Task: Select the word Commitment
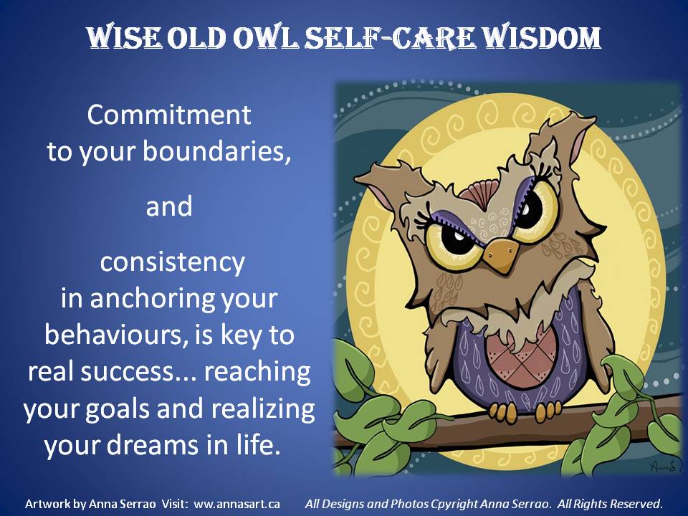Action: click(169, 115)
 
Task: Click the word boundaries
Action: click(216, 151)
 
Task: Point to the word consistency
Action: click(173, 263)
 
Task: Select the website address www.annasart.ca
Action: click(236, 504)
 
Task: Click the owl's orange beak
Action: click(501, 255)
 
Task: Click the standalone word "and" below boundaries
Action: click(169, 206)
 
